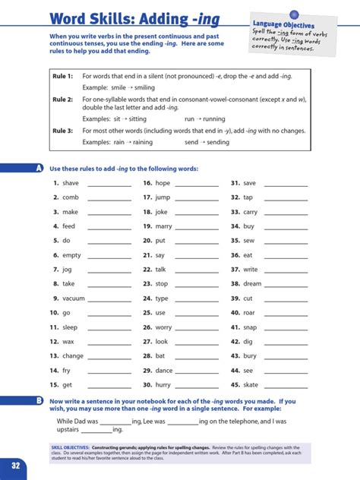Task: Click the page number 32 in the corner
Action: (14, 465)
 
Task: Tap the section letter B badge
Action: (38, 399)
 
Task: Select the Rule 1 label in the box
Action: (62, 77)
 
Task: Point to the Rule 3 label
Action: (62, 131)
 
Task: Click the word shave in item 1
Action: (71, 184)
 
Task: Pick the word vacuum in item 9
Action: (74, 298)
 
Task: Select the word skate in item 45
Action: (252, 385)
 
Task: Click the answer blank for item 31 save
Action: (286, 185)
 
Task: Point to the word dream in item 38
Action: (253, 284)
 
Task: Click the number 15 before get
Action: (54, 385)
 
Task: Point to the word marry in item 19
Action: (164, 226)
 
